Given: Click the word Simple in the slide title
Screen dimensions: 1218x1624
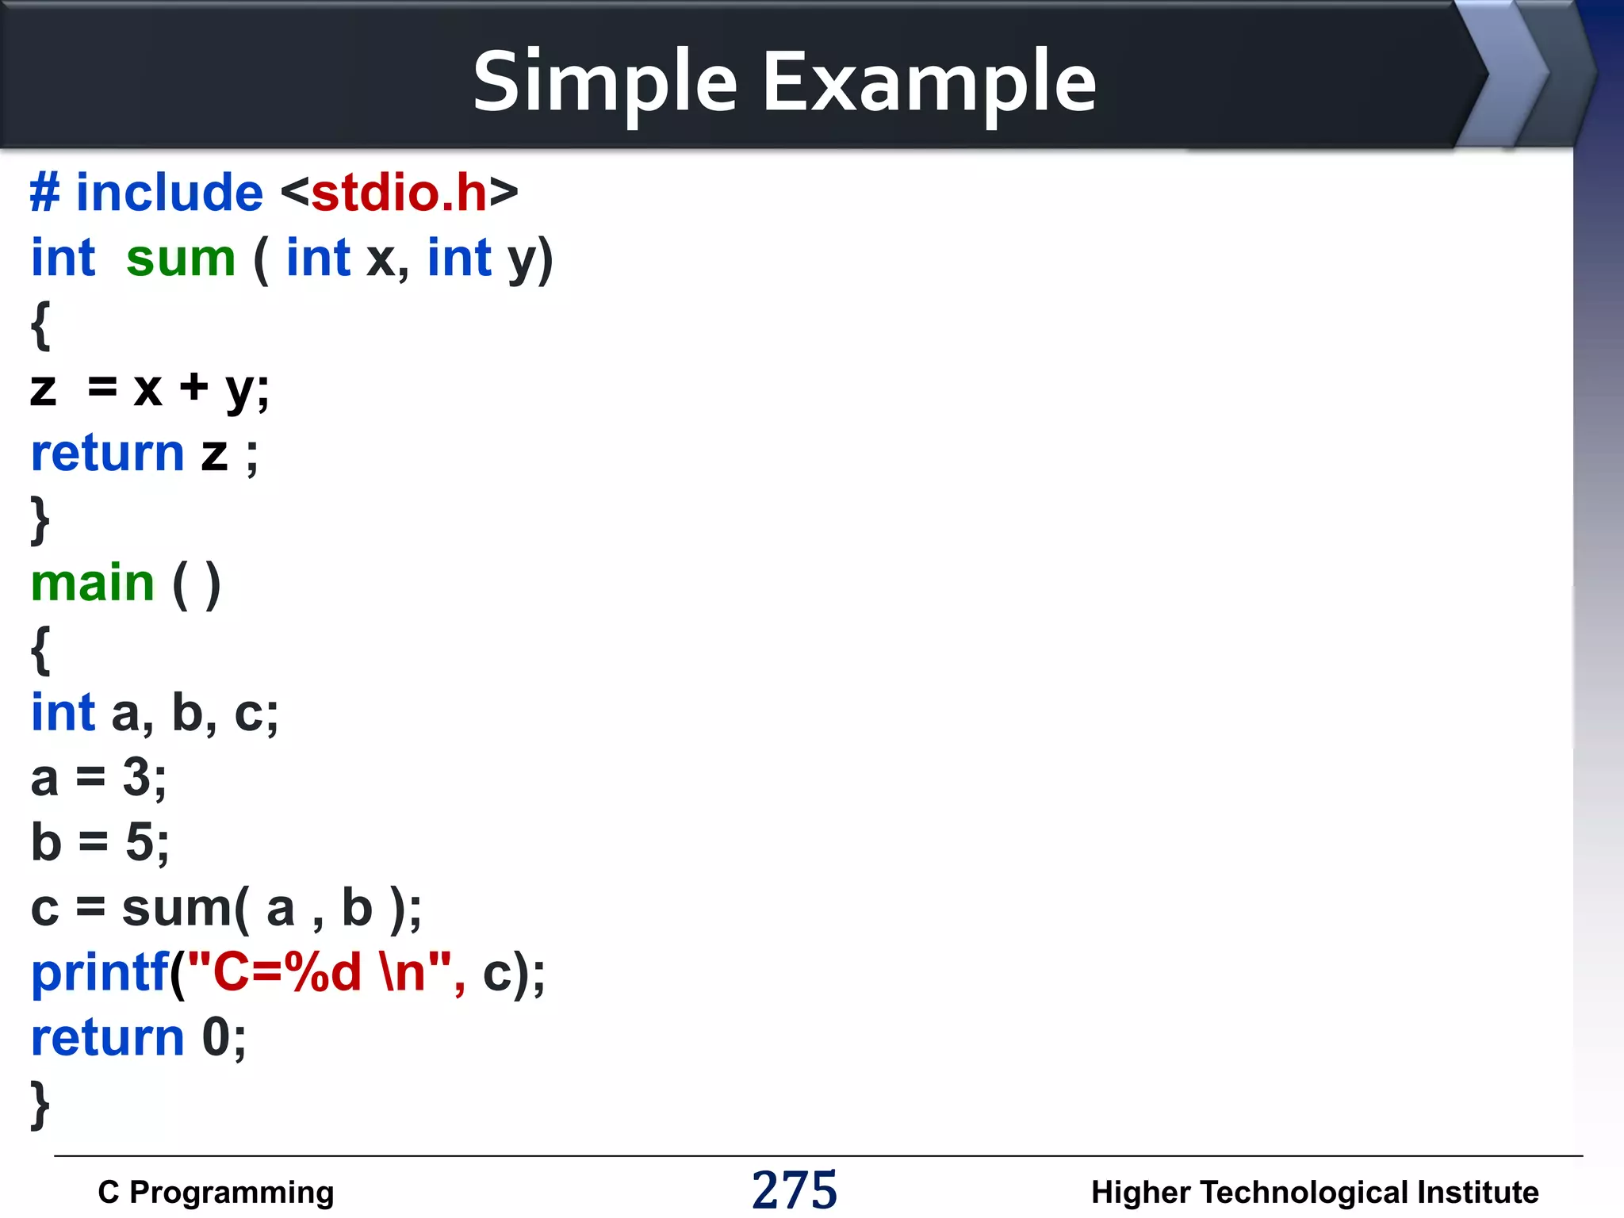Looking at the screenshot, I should click(605, 82).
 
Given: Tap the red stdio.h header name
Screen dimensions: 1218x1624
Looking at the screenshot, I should click(399, 193).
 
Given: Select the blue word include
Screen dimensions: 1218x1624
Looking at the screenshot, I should click(169, 193).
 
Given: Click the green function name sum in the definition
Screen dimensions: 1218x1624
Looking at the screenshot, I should click(181, 259).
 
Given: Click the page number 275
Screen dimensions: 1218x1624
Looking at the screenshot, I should click(794, 1190).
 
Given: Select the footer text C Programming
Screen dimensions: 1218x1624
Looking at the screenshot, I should click(216, 1192).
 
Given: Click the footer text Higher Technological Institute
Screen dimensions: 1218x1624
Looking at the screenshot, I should click(1314, 1192).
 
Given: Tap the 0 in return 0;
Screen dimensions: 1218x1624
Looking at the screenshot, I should click(216, 1037).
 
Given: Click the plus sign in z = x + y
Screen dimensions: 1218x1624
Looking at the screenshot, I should click(193, 388).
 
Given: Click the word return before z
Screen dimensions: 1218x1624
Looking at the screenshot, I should click(107, 454).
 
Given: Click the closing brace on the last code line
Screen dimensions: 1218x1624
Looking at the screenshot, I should click(40, 1103).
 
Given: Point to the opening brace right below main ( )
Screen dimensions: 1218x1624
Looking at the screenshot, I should click(40, 649).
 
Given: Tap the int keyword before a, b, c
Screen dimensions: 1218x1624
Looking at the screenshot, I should click(63, 712).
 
